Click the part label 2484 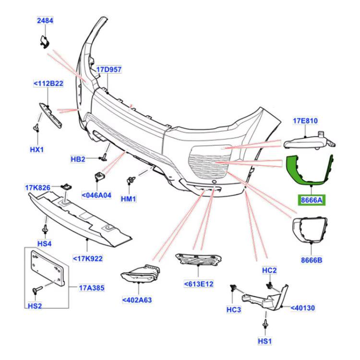point(46,21)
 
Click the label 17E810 point(306,121)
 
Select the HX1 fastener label point(37,149)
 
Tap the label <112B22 point(48,84)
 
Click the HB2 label point(78,159)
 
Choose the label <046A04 point(96,195)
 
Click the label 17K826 point(39,187)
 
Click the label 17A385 point(92,288)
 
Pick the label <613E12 point(198,284)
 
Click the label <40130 point(302,308)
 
